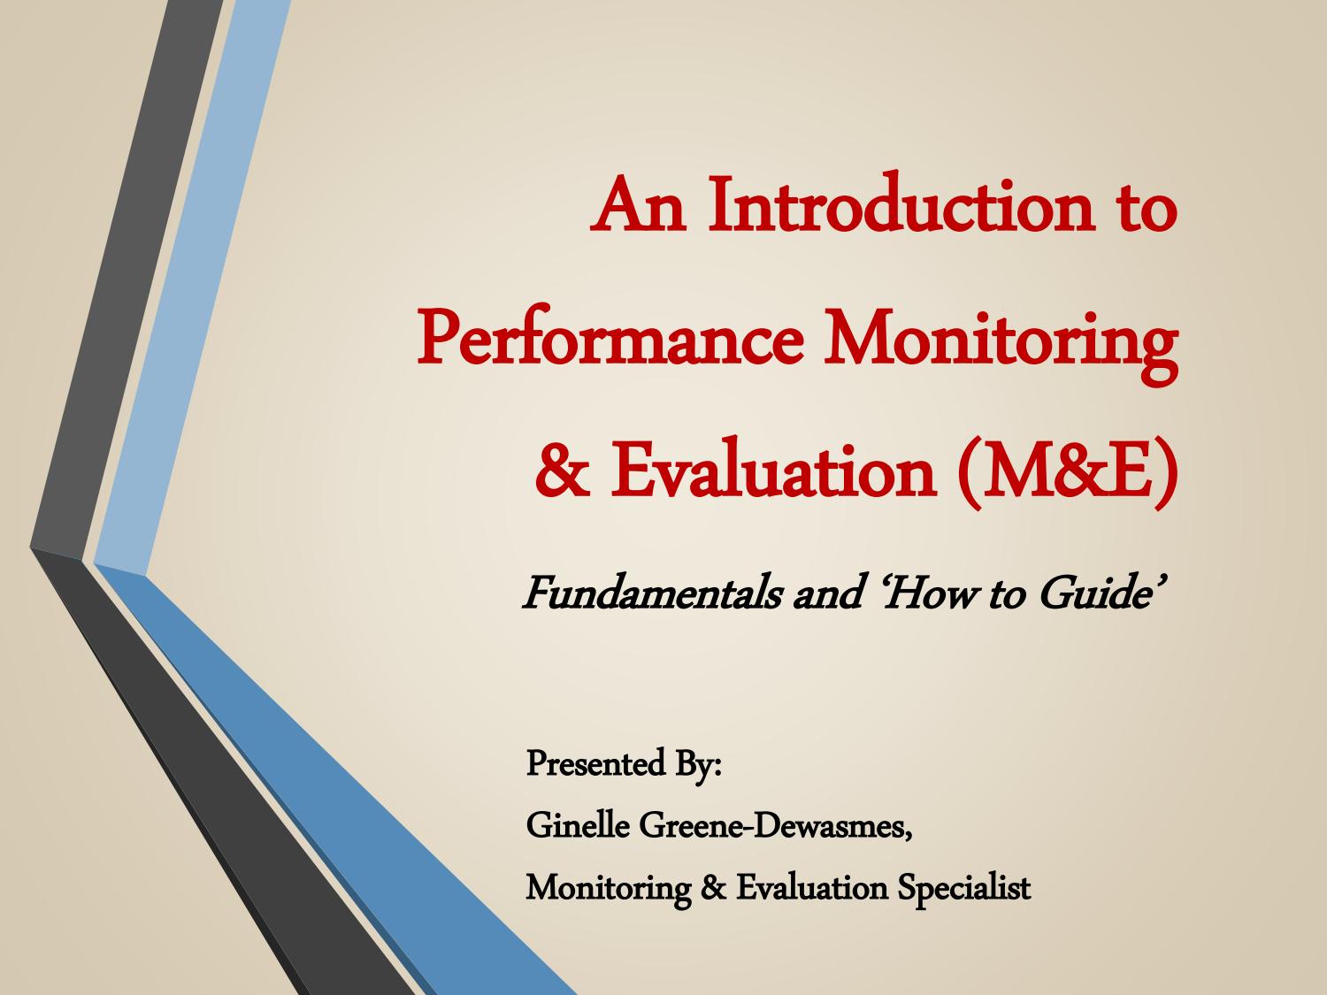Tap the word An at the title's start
(639, 204)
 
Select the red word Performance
(610, 339)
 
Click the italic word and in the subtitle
(826, 593)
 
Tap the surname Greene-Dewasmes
(775, 825)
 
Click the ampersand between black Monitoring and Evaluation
(713, 888)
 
